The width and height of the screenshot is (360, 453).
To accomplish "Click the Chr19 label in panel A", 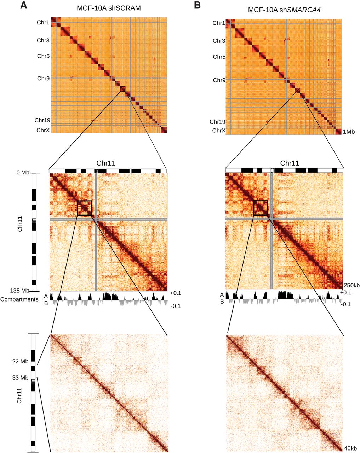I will tap(42, 120).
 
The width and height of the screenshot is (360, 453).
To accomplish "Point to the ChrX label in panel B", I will tap(219, 131).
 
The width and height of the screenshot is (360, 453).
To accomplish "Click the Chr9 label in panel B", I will tap(219, 80).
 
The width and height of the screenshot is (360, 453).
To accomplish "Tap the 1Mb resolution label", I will tap(349, 132).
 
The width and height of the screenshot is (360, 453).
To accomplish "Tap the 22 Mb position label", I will tap(22, 361).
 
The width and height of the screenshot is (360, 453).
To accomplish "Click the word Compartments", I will tap(19, 299).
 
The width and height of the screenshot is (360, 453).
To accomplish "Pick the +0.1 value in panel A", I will tap(175, 294).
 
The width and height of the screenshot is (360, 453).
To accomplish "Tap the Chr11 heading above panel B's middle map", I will tap(290, 164).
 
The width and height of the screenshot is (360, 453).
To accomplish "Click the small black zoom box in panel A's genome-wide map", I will tap(122, 89).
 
